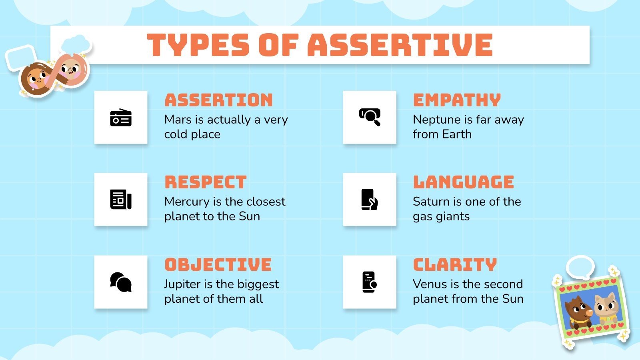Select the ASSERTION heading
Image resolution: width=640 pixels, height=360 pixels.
click(218, 100)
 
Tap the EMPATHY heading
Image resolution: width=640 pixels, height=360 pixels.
click(457, 100)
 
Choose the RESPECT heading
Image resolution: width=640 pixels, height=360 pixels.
click(206, 182)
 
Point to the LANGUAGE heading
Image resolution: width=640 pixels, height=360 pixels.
click(463, 182)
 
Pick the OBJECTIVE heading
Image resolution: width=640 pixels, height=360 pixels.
click(218, 265)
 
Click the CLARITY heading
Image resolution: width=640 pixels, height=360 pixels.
click(455, 265)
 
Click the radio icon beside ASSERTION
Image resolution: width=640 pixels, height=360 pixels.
click(121, 118)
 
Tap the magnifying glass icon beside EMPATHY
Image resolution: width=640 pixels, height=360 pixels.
click(370, 117)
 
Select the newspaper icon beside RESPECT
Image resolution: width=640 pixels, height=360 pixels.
click(121, 199)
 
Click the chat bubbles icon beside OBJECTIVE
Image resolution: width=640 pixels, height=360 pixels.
click(121, 282)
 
